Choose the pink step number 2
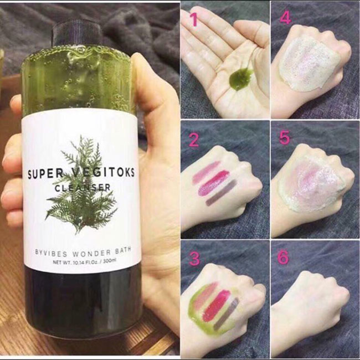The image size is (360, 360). pos(193,140)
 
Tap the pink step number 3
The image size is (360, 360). pos(193,259)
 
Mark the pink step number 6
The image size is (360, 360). pos(285,259)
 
